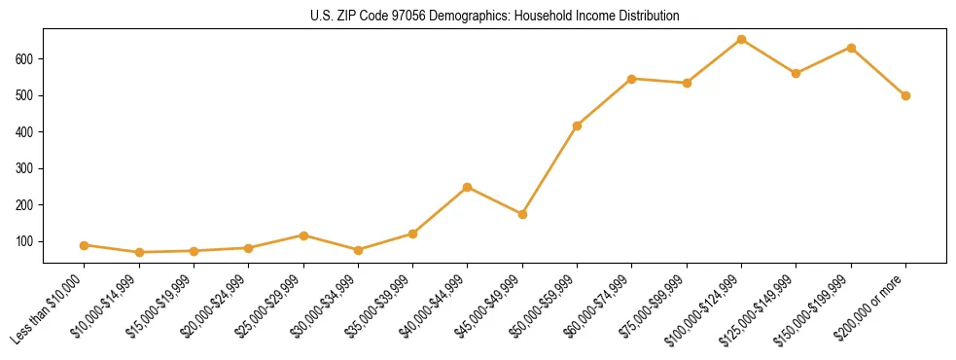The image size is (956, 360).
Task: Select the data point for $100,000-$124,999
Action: pyautogui.click(x=742, y=40)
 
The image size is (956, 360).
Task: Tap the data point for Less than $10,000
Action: pyautogui.click(x=85, y=245)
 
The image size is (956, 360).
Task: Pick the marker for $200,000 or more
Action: pyautogui.click(x=905, y=95)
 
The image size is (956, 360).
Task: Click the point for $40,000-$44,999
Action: pyautogui.click(x=468, y=187)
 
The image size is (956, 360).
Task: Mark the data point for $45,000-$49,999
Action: pyautogui.click(x=522, y=214)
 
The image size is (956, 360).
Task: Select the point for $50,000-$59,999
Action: pyautogui.click(x=578, y=126)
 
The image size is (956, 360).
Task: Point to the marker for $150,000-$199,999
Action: pyautogui.click(x=851, y=48)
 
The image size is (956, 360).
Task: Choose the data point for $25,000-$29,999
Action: pyautogui.click(x=303, y=235)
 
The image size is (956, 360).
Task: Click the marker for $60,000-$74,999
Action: pyautogui.click(x=632, y=79)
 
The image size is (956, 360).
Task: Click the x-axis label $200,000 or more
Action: pyautogui.click(x=875, y=305)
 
